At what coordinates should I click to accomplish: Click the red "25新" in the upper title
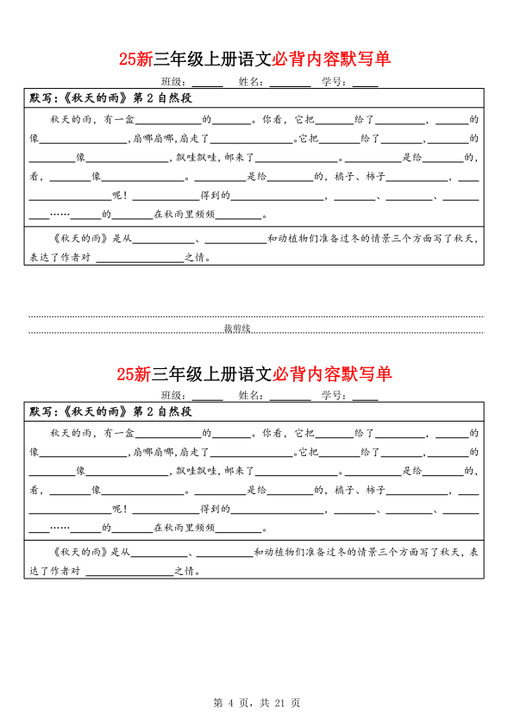click(135, 59)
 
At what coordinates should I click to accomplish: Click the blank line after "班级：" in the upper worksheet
click(208, 82)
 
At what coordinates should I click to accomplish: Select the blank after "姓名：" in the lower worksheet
click(290, 397)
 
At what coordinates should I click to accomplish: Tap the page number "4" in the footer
click(231, 703)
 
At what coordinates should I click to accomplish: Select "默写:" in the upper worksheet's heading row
click(44, 97)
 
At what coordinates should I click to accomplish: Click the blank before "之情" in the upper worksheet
click(141, 257)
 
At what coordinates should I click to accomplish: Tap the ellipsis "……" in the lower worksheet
click(60, 529)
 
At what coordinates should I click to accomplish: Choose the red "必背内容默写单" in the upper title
click(332, 59)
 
